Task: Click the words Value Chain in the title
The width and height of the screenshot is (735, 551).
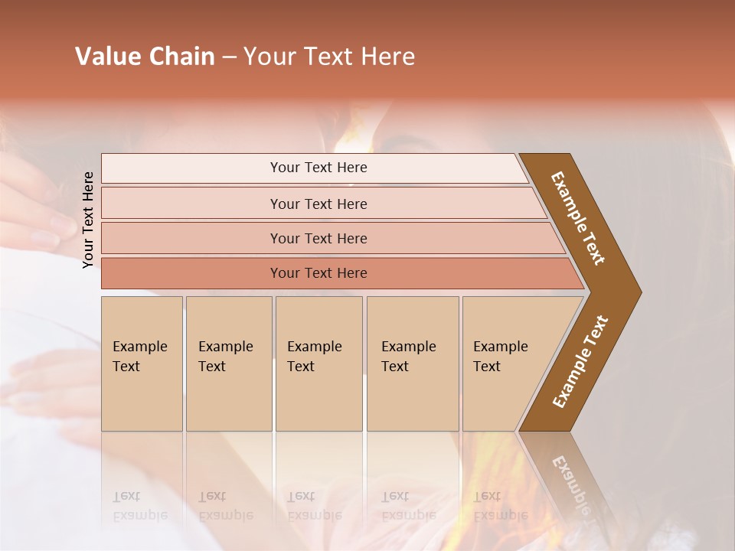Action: [x=145, y=57]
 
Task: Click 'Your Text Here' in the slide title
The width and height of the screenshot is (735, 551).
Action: [x=329, y=57]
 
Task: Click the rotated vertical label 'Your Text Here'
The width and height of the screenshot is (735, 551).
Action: [x=89, y=220]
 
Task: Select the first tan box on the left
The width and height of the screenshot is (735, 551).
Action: [x=142, y=364]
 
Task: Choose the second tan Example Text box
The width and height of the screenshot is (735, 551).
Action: [x=228, y=364]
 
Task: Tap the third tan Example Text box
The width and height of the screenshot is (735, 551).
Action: [x=318, y=364]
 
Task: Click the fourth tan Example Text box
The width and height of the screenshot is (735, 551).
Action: [x=412, y=364]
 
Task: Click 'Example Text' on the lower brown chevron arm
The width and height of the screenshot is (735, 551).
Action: [x=580, y=362]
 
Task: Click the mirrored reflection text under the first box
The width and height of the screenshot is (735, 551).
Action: [x=139, y=506]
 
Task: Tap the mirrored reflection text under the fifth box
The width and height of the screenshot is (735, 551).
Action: [x=500, y=506]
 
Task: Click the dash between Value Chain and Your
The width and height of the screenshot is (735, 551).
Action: [x=229, y=57]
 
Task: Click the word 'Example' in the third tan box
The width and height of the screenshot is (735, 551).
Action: [x=314, y=347]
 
